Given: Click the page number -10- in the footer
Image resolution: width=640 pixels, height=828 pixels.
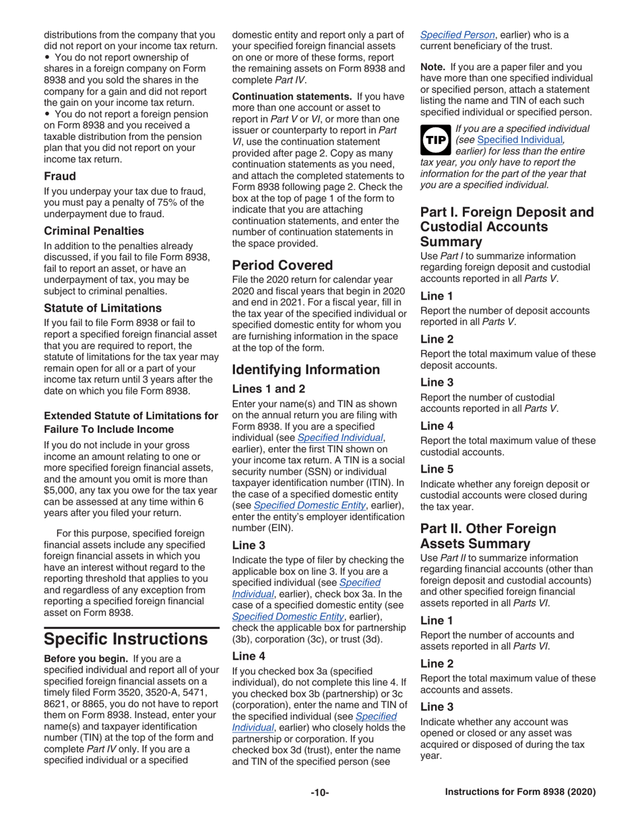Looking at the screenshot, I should point(319,792).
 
